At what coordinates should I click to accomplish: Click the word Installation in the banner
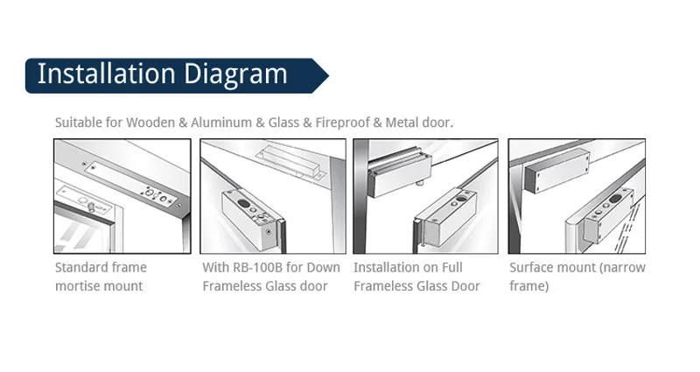pyautogui.click(x=106, y=74)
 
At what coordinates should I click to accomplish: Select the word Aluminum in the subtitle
pyautogui.click(x=221, y=123)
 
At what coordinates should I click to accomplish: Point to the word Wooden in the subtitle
pyautogui.click(x=150, y=123)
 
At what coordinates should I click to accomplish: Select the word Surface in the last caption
pyautogui.click(x=530, y=268)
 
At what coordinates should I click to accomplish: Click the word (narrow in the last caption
pyautogui.click(x=623, y=268)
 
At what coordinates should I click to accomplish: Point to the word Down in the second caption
pyautogui.click(x=325, y=268)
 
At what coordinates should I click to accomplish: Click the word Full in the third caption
pyautogui.click(x=451, y=268)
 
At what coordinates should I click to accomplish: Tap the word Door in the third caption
pyautogui.click(x=466, y=286)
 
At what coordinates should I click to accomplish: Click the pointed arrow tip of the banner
pyautogui.click(x=329, y=76)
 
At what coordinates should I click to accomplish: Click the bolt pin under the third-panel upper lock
pyautogui.click(x=419, y=183)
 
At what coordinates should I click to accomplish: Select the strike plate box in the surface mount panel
pyautogui.click(x=556, y=170)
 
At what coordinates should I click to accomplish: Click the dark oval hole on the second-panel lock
pyautogui.click(x=244, y=204)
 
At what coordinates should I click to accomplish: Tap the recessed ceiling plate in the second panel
pyautogui.click(x=290, y=162)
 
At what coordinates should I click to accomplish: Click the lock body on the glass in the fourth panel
pyautogui.click(x=609, y=214)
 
